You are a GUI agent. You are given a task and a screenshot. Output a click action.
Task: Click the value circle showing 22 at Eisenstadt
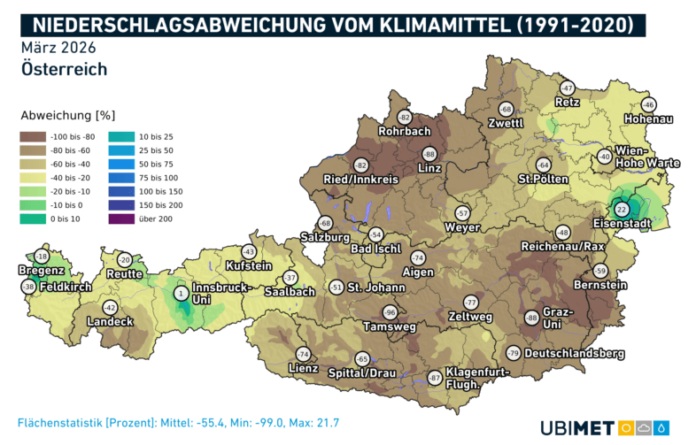point(621,210)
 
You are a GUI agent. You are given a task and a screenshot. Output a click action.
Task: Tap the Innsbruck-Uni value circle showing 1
point(181,293)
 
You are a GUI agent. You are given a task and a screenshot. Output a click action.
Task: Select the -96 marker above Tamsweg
point(390,312)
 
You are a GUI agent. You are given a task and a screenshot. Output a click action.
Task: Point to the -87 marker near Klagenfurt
point(435,378)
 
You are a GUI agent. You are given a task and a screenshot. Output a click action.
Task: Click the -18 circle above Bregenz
point(41,256)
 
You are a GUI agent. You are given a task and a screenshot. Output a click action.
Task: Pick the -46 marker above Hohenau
point(648,104)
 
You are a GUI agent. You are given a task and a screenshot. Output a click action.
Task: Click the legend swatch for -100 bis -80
point(35,136)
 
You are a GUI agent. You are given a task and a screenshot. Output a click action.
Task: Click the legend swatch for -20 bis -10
point(35,190)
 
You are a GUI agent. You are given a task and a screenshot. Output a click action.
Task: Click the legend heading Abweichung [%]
point(68,115)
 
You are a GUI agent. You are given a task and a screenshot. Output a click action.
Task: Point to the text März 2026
point(58,46)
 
